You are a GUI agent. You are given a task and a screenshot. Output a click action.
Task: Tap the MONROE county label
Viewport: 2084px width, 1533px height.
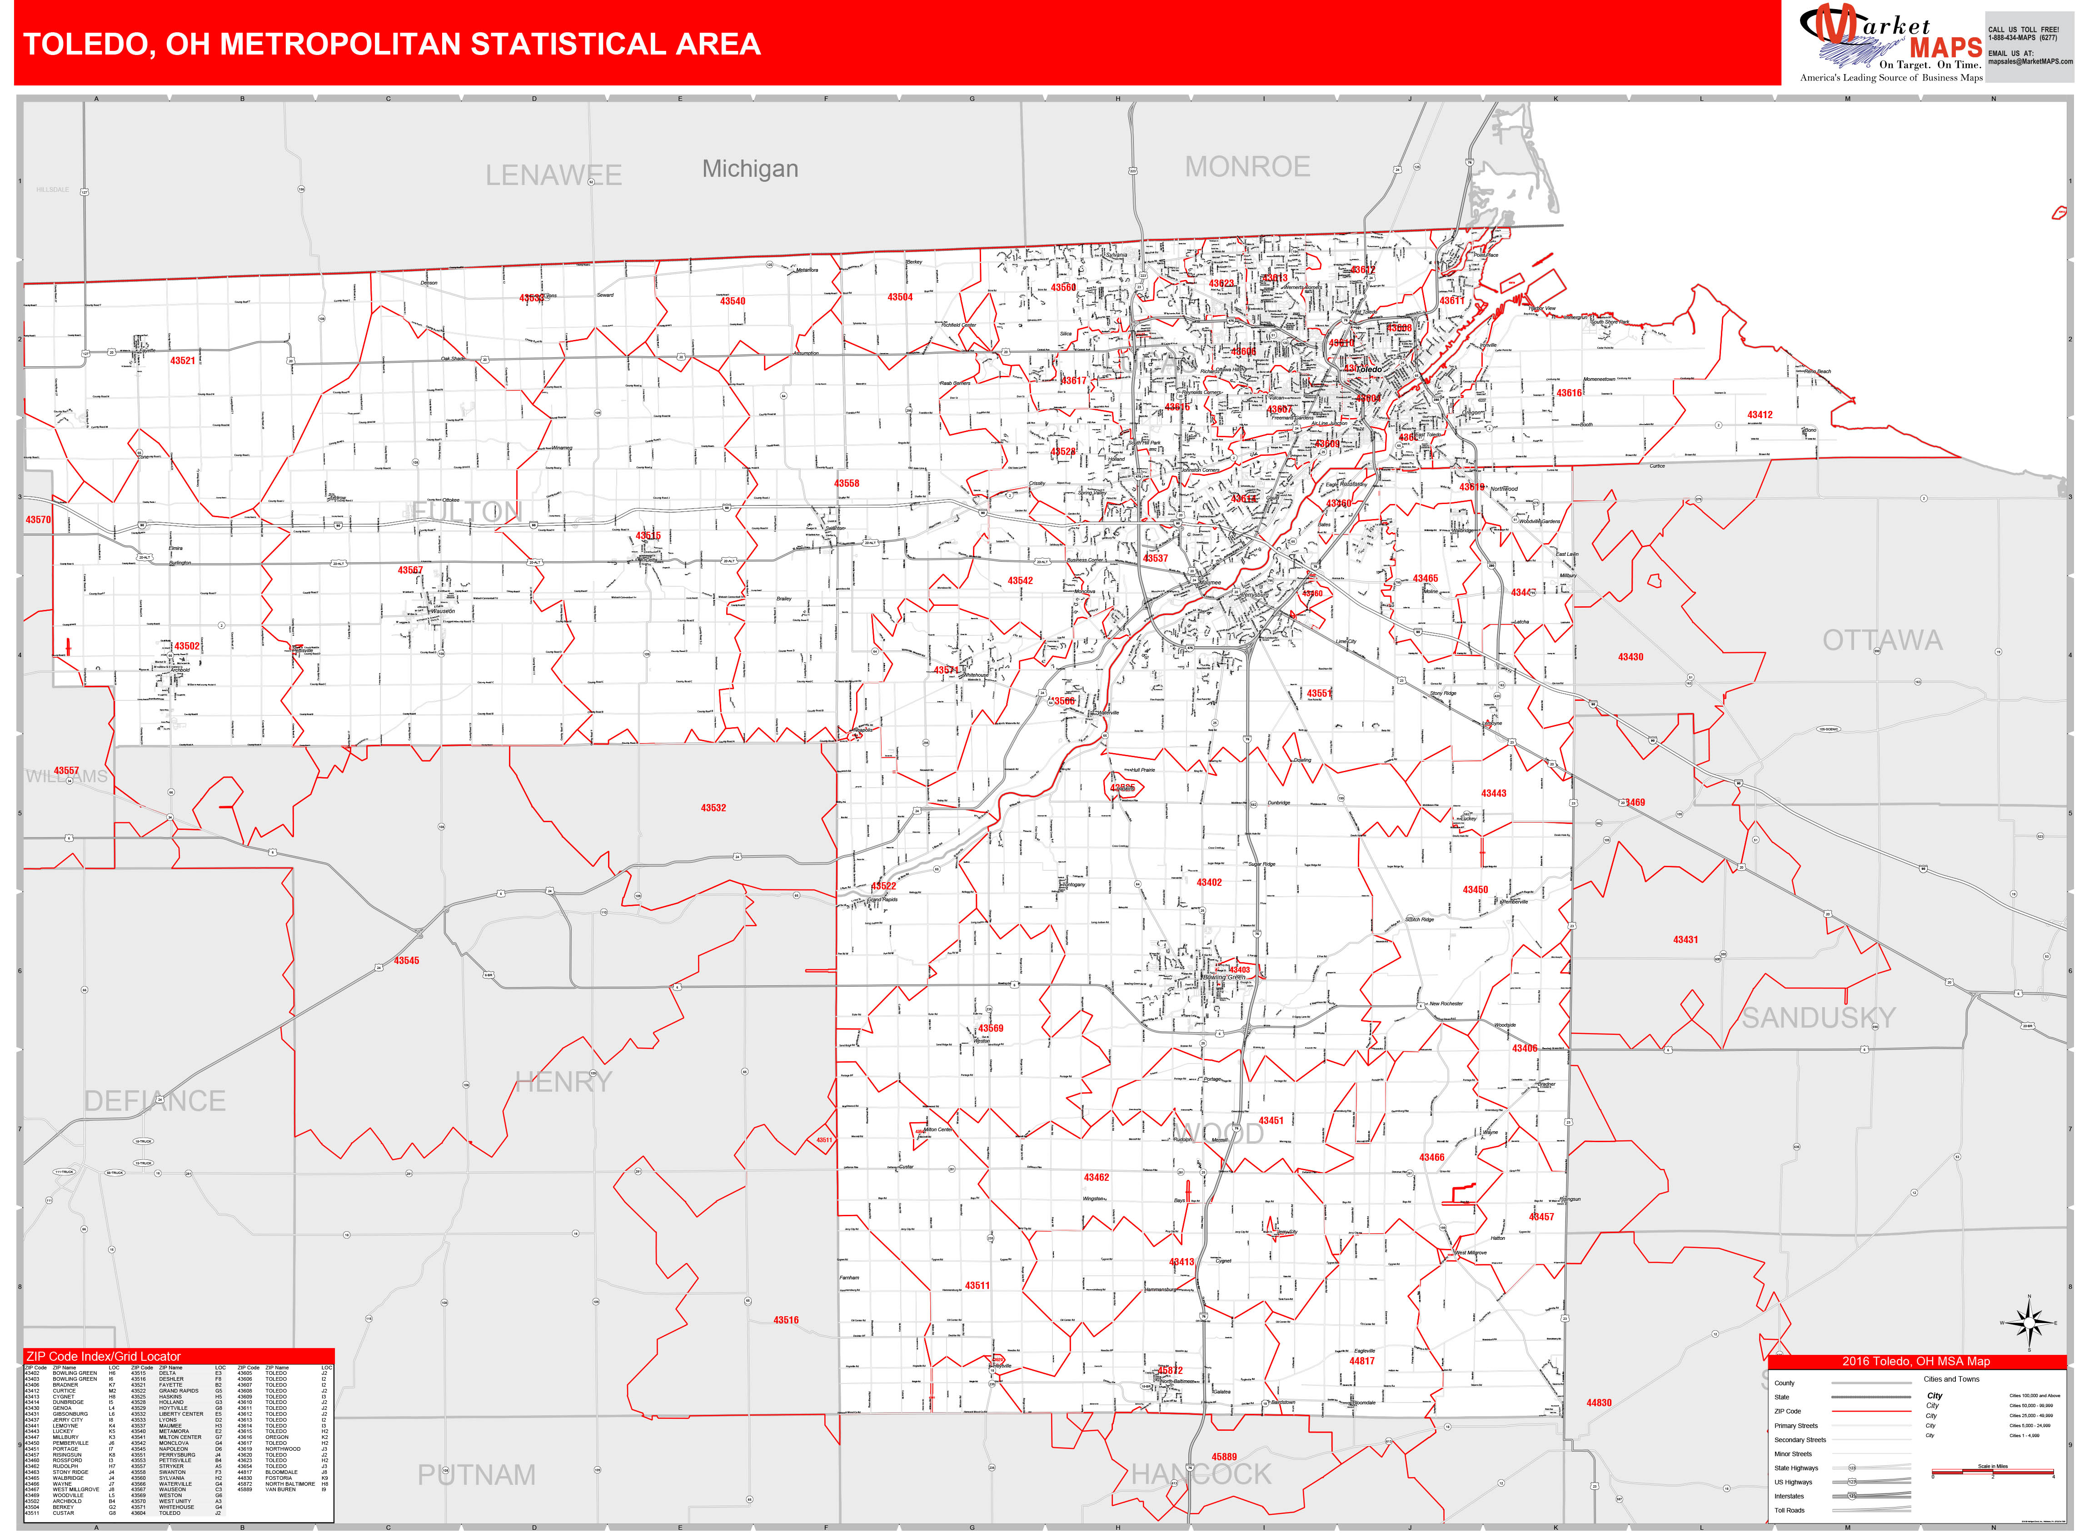(1247, 167)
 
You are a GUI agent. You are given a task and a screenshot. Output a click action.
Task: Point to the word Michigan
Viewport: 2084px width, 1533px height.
(750, 169)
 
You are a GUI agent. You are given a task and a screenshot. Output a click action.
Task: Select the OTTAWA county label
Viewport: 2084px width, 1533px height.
(1882, 640)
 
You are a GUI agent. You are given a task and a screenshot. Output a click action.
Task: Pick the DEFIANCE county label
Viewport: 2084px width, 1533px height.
(155, 1102)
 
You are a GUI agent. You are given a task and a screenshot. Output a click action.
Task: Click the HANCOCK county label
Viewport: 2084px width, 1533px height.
(1201, 1473)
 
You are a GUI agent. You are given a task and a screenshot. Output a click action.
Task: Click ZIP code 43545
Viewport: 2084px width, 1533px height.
(406, 960)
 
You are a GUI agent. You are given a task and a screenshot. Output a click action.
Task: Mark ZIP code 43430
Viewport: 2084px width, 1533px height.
(1630, 657)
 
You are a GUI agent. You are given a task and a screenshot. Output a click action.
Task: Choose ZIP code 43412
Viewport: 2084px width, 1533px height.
(1759, 415)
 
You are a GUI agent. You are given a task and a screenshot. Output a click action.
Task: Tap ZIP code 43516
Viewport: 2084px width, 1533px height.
(786, 1319)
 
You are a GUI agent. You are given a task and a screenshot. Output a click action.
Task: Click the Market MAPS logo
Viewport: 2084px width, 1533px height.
(1890, 42)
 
